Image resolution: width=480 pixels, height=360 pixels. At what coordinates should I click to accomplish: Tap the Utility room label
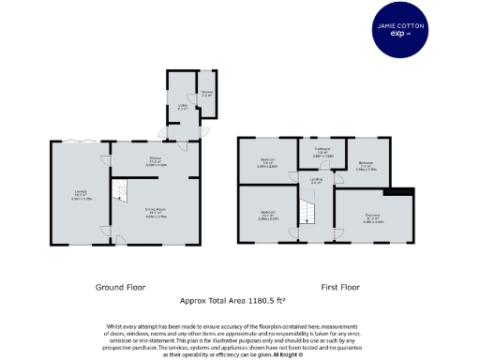183,107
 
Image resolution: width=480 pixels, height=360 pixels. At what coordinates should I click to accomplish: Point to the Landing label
317,180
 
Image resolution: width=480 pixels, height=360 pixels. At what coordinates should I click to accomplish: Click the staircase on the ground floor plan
120,191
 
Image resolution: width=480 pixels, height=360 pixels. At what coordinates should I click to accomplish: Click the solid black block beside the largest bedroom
403,191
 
